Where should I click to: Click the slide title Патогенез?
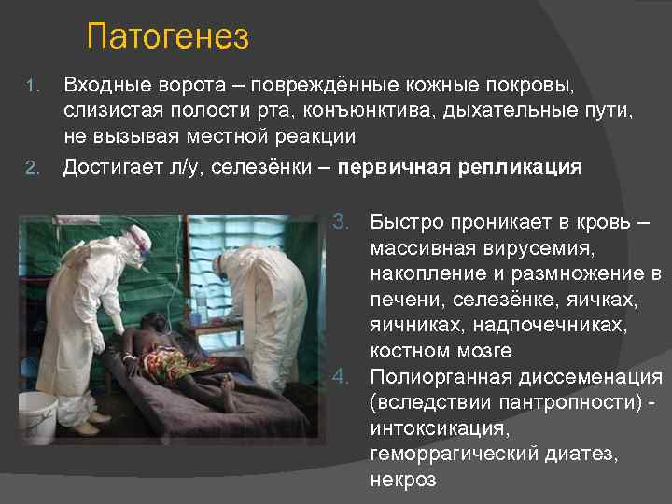click(167, 37)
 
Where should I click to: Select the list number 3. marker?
click(343, 223)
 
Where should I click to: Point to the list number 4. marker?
click(343, 378)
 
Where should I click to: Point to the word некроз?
click(402, 481)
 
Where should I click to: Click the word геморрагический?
click(457, 455)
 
